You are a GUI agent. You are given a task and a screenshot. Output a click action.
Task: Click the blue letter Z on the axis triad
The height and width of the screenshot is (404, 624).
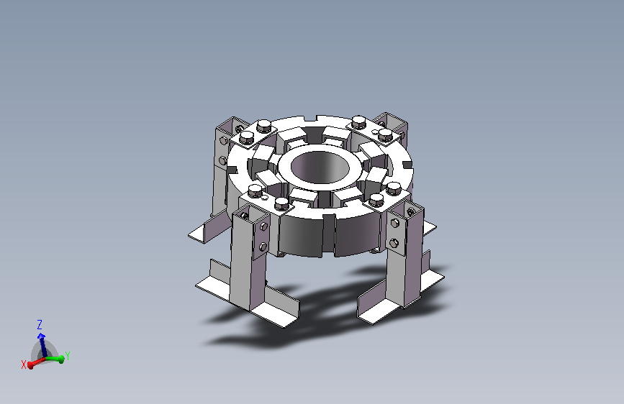pos(40,325)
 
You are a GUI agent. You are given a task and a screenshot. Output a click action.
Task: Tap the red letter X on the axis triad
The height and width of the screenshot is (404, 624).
pos(24,364)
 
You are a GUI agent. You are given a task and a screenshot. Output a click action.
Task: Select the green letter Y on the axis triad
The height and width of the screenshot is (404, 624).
pos(67,356)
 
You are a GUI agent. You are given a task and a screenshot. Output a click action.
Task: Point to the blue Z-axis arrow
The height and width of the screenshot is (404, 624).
pos(42,344)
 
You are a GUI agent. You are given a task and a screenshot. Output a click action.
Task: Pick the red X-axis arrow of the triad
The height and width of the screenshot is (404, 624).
pos(36,362)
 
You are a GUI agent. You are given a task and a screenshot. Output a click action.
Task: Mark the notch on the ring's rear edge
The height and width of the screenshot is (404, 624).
pos(310,118)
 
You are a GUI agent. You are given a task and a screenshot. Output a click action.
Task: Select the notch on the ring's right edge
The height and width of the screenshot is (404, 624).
pos(407,165)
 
